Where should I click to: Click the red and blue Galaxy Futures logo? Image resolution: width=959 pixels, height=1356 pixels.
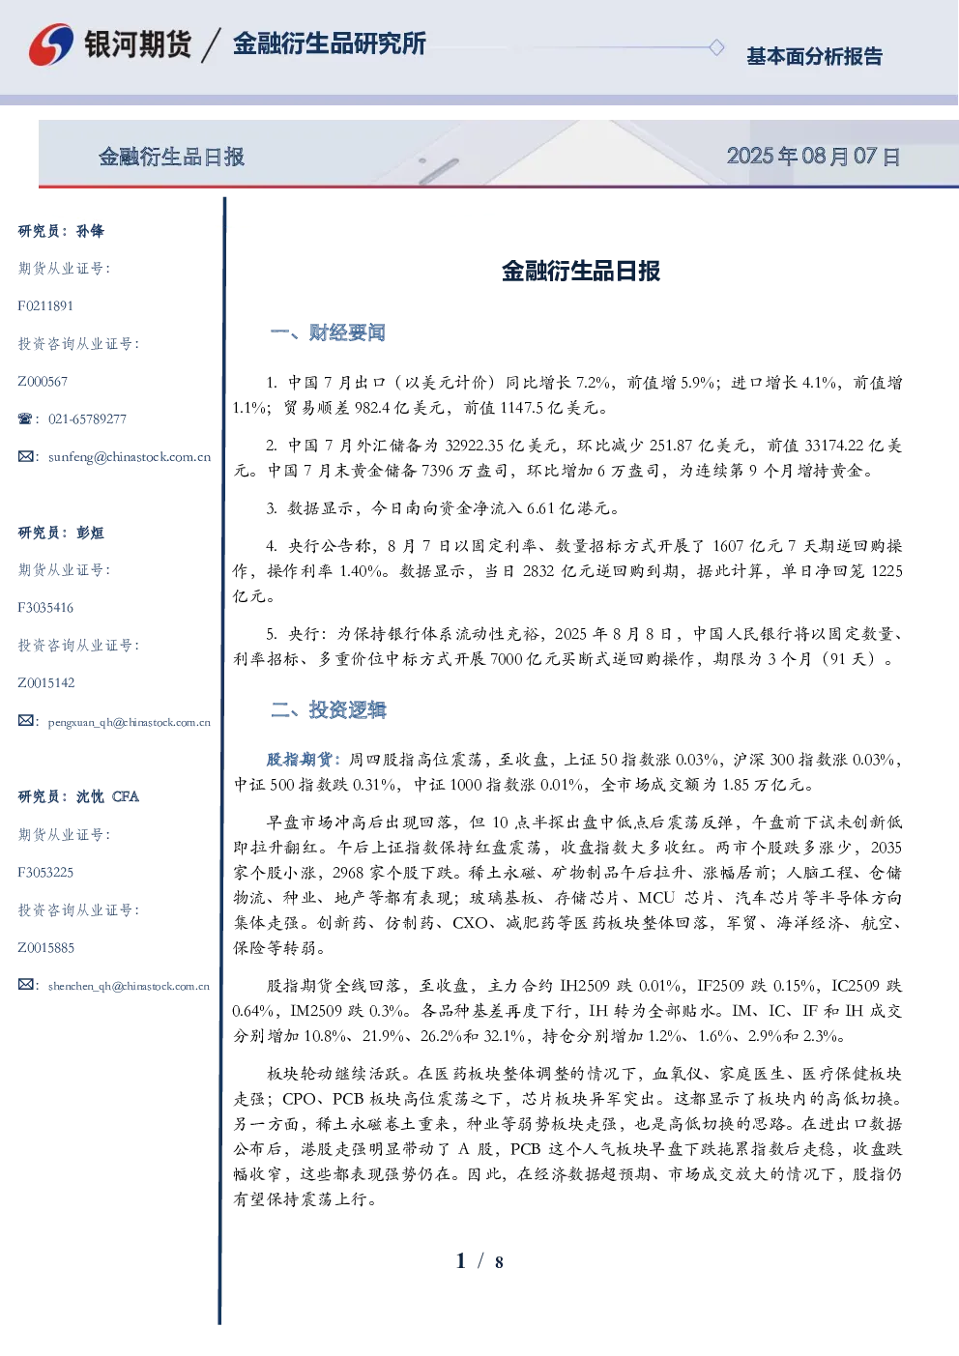coord(51,44)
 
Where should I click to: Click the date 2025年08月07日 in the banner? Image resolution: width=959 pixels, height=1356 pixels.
coord(813,157)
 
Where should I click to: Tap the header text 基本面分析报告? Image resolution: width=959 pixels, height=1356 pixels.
coord(814,56)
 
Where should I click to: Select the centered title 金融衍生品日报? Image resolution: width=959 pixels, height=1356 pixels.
coord(581,271)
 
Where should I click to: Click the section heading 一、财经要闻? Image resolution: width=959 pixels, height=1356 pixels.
coord(328,332)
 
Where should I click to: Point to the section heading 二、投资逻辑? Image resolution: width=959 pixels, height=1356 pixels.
coord(328,709)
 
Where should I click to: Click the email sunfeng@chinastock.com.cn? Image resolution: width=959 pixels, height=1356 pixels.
coord(130,457)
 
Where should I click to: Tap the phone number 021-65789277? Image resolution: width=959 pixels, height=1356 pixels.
coord(87,418)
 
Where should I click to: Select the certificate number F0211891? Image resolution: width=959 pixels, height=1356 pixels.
coord(45,305)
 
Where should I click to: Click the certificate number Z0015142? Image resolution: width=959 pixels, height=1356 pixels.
coord(46,683)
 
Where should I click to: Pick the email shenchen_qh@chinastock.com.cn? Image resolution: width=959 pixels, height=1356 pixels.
coord(129,986)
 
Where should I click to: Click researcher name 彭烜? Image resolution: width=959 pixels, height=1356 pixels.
coord(90,533)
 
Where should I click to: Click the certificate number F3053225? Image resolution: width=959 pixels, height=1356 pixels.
coord(45,873)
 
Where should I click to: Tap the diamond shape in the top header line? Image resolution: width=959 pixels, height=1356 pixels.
coord(716,47)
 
